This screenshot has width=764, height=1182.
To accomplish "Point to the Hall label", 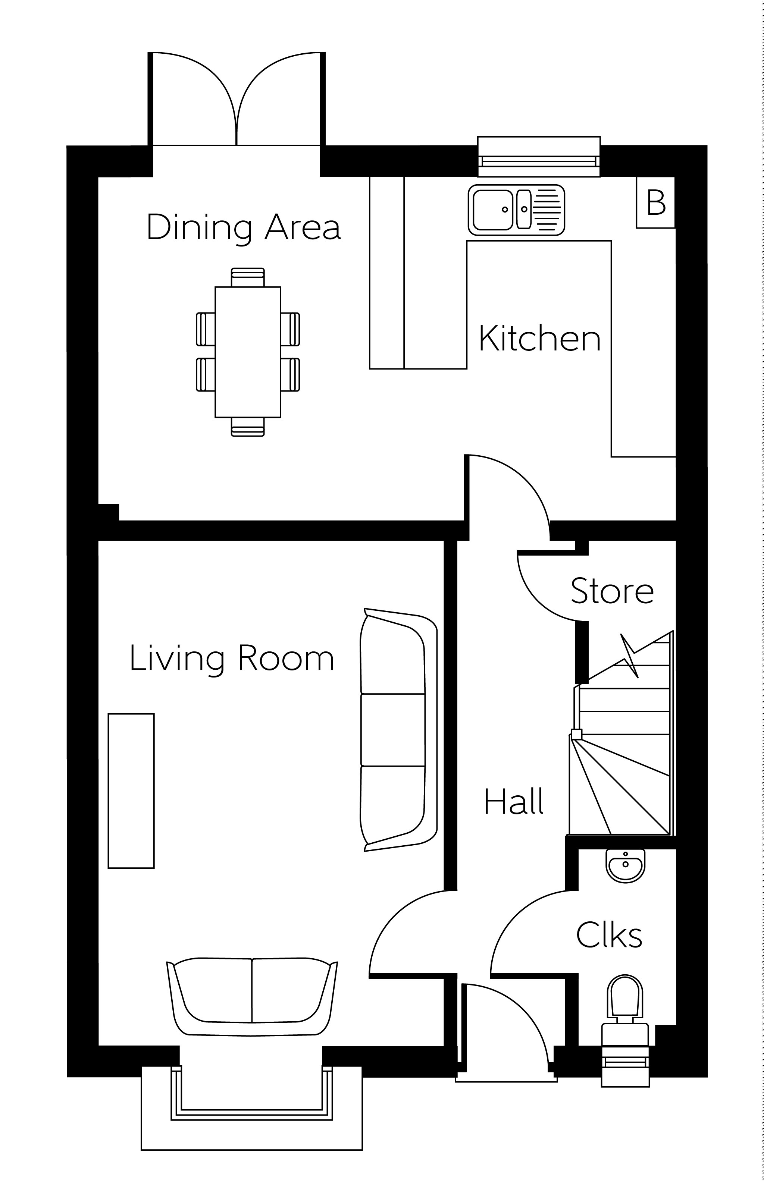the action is pyautogui.click(x=514, y=801).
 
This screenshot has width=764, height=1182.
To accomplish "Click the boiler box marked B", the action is pyautogui.click(x=656, y=202).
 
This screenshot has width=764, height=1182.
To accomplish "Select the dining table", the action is pyautogui.click(x=248, y=352).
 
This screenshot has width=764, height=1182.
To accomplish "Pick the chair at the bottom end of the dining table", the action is pyautogui.click(x=248, y=427).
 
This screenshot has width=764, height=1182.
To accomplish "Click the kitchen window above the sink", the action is pyautogui.click(x=539, y=157).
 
